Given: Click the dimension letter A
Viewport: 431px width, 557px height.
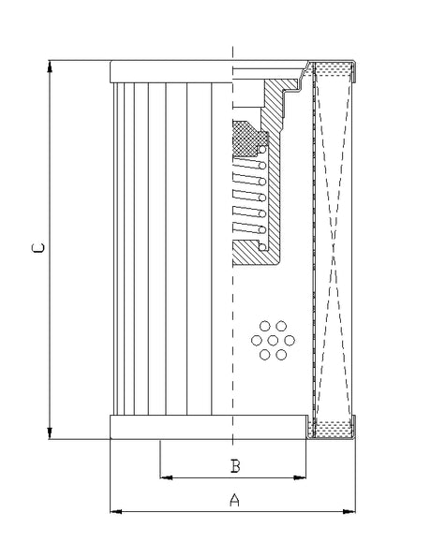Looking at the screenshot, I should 235,500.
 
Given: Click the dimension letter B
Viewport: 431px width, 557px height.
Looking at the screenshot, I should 236,465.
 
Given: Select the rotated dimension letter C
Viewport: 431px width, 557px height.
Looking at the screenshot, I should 37,248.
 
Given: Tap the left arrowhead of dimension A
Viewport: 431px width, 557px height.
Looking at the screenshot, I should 115,512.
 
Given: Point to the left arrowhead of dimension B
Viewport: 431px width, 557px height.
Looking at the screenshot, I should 165,477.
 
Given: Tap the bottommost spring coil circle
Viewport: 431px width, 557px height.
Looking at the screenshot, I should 263,241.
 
